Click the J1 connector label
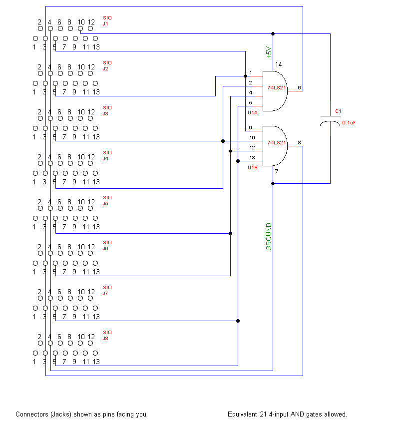pyautogui.click(x=105, y=23)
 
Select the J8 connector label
pyautogui.click(x=105, y=338)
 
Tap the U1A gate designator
pyautogui.click(x=253, y=113)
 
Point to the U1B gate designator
pyautogui.click(x=253, y=168)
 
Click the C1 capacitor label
pyautogui.click(x=338, y=111)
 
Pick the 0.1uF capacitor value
pyautogui.click(x=348, y=122)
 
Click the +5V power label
pyautogui.click(x=268, y=52)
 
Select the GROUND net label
pyautogui.click(x=269, y=237)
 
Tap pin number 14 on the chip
pyautogui.click(x=278, y=65)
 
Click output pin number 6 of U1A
pyautogui.click(x=299, y=88)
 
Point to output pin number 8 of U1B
pyautogui.click(x=299, y=143)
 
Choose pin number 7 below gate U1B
pyautogui.click(x=276, y=172)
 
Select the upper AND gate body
pyautogui.click(x=275, y=90)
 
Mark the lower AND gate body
pyautogui.click(x=275, y=145)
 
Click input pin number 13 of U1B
pyautogui.click(x=252, y=158)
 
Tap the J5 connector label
pyautogui.click(x=105, y=203)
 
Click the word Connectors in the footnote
pyautogui.click(x=30, y=414)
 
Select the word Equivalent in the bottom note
pyautogui.click(x=243, y=414)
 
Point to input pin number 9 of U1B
pyautogui.click(x=251, y=128)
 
